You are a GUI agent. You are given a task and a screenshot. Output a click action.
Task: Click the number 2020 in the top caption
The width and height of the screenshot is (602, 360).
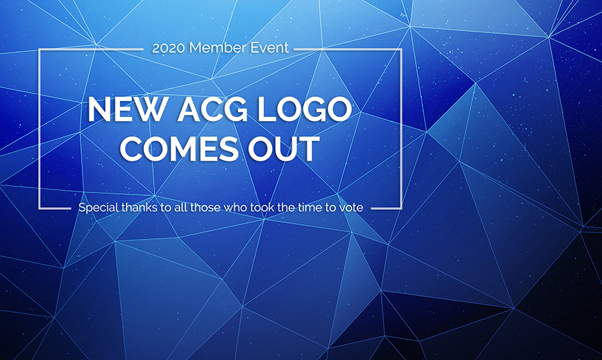point(168,48)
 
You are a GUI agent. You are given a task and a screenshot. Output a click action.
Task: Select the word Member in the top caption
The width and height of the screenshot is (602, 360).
point(218,48)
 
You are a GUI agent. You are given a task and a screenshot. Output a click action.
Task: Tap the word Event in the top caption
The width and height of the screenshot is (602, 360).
point(269,48)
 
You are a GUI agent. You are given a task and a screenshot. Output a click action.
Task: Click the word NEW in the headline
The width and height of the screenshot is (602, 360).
point(127,110)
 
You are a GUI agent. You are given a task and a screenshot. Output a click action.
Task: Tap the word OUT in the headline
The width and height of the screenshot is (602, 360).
point(283,149)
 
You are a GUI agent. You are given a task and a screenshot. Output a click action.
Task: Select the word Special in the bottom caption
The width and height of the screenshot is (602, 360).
point(98,208)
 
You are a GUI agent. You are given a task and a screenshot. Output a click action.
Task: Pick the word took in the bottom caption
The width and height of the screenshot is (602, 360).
point(262,207)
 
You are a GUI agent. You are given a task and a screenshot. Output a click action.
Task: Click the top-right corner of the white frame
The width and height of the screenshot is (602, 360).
point(401,50)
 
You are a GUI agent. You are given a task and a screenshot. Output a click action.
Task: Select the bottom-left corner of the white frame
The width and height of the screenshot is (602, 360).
point(39,208)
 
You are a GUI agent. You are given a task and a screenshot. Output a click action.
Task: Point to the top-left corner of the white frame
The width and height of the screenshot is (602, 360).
point(39,50)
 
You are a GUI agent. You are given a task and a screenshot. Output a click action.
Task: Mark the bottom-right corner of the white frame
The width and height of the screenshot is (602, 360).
point(401,208)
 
